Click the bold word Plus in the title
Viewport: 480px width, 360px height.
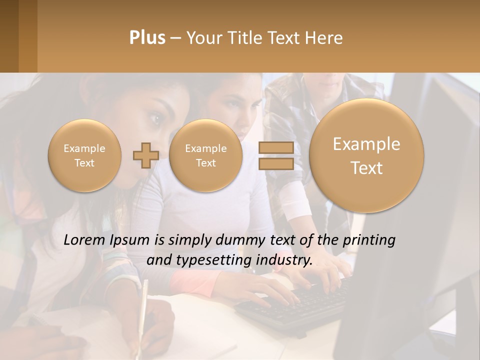(147, 38)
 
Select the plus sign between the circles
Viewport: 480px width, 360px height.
(145, 155)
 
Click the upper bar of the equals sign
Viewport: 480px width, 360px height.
(276, 147)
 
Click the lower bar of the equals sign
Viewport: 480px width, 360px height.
(276, 163)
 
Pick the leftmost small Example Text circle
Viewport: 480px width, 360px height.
(84, 155)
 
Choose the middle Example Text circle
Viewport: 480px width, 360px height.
(205, 155)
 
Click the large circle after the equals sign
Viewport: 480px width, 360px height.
(366, 155)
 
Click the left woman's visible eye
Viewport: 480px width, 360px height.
(155, 119)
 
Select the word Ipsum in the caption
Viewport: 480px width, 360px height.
(132, 240)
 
